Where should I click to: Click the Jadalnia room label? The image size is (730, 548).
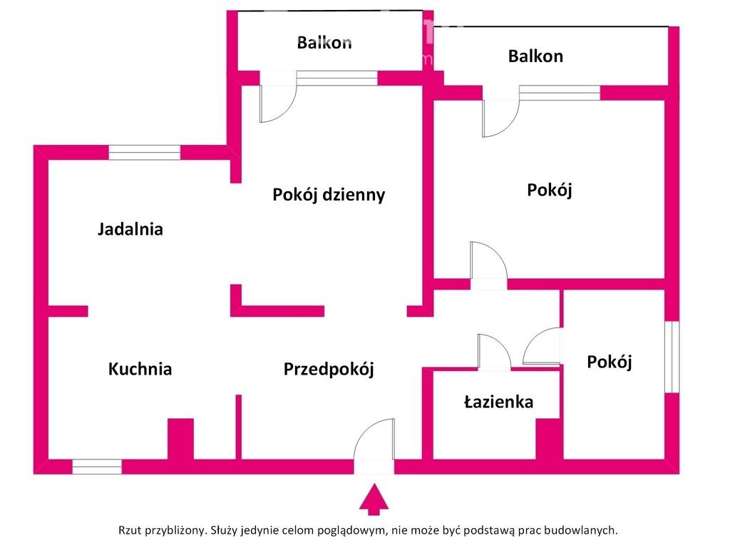tap(130, 229)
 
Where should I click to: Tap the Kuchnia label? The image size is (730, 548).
tap(140, 369)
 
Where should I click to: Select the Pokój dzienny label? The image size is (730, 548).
tap(329, 195)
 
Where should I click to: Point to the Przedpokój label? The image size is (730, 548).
tap(329, 370)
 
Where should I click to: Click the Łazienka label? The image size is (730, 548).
tap(498, 402)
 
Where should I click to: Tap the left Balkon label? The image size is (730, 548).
tap(324, 43)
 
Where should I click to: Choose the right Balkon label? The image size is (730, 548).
tap(535, 56)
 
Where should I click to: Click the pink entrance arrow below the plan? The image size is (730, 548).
tap(374, 499)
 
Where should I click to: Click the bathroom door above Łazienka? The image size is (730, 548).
tap(495, 352)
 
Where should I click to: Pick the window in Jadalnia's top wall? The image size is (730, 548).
tap(144, 153)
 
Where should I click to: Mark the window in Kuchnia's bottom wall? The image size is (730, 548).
tap(97, 467)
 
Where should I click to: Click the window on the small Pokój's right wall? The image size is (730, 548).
tap(672, 357)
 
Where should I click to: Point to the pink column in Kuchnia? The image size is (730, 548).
tap(180, 440)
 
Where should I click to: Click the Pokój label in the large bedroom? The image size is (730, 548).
tap(550, 190)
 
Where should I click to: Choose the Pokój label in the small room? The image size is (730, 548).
tap(609, 362)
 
